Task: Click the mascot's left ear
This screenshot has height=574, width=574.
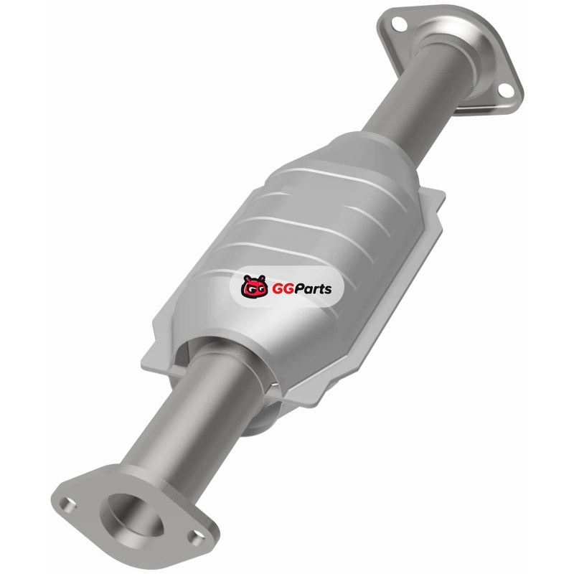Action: point(247,278)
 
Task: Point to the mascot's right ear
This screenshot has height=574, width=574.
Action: point(262,278)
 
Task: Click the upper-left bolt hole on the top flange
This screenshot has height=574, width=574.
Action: point(399,24)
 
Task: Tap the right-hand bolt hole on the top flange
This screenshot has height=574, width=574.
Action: point(506,90)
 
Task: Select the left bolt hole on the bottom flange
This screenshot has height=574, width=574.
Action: point(68,505)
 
